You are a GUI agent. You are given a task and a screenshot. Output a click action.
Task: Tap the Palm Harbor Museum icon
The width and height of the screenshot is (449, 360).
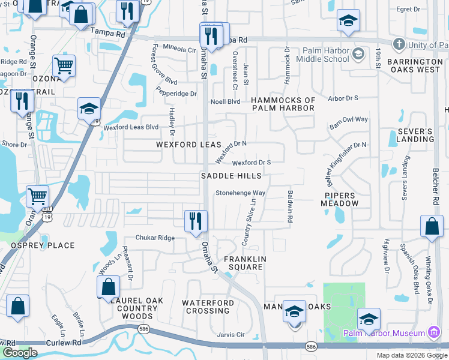pyautogui.click(x=434, y=332)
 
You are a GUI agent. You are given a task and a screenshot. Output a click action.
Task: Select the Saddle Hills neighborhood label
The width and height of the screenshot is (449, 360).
pyautogui.click(x=231, y=176)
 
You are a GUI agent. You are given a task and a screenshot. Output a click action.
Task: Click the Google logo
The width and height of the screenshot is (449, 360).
pyautogui.click(x=20, y=353)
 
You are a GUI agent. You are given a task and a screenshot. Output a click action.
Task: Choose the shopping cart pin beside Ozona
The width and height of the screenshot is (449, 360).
pyautogui.click(x=64, y=66)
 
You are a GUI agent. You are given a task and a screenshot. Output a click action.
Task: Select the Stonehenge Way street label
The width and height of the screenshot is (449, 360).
pyautogui.click(x=241, y=193)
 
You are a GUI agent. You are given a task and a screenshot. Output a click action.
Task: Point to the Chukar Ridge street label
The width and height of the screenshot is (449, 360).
pyautogui.click(x=155, y=238)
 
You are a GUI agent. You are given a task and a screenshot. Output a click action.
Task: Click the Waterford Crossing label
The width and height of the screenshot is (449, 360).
pyautogui.click(x=207, y=307)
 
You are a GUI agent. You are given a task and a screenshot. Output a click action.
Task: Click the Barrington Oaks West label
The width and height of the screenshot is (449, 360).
pyautogui.click(x=414, y=65)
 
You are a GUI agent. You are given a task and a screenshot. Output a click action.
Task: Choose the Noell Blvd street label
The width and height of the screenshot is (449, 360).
pyautogui.click(x=225, y=102)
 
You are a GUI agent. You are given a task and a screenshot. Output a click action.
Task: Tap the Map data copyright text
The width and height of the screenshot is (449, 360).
pyautogui.click(x=411, y=355)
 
